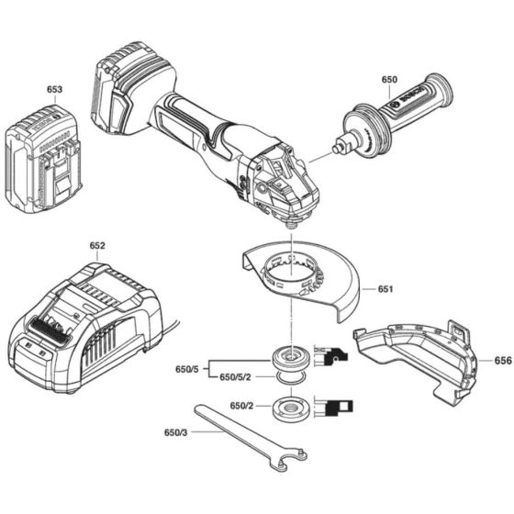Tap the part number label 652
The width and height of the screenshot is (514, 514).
97,246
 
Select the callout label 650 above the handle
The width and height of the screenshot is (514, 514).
389,80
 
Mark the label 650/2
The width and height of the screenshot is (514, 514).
241,406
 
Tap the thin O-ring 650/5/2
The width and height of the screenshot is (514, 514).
292,378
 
